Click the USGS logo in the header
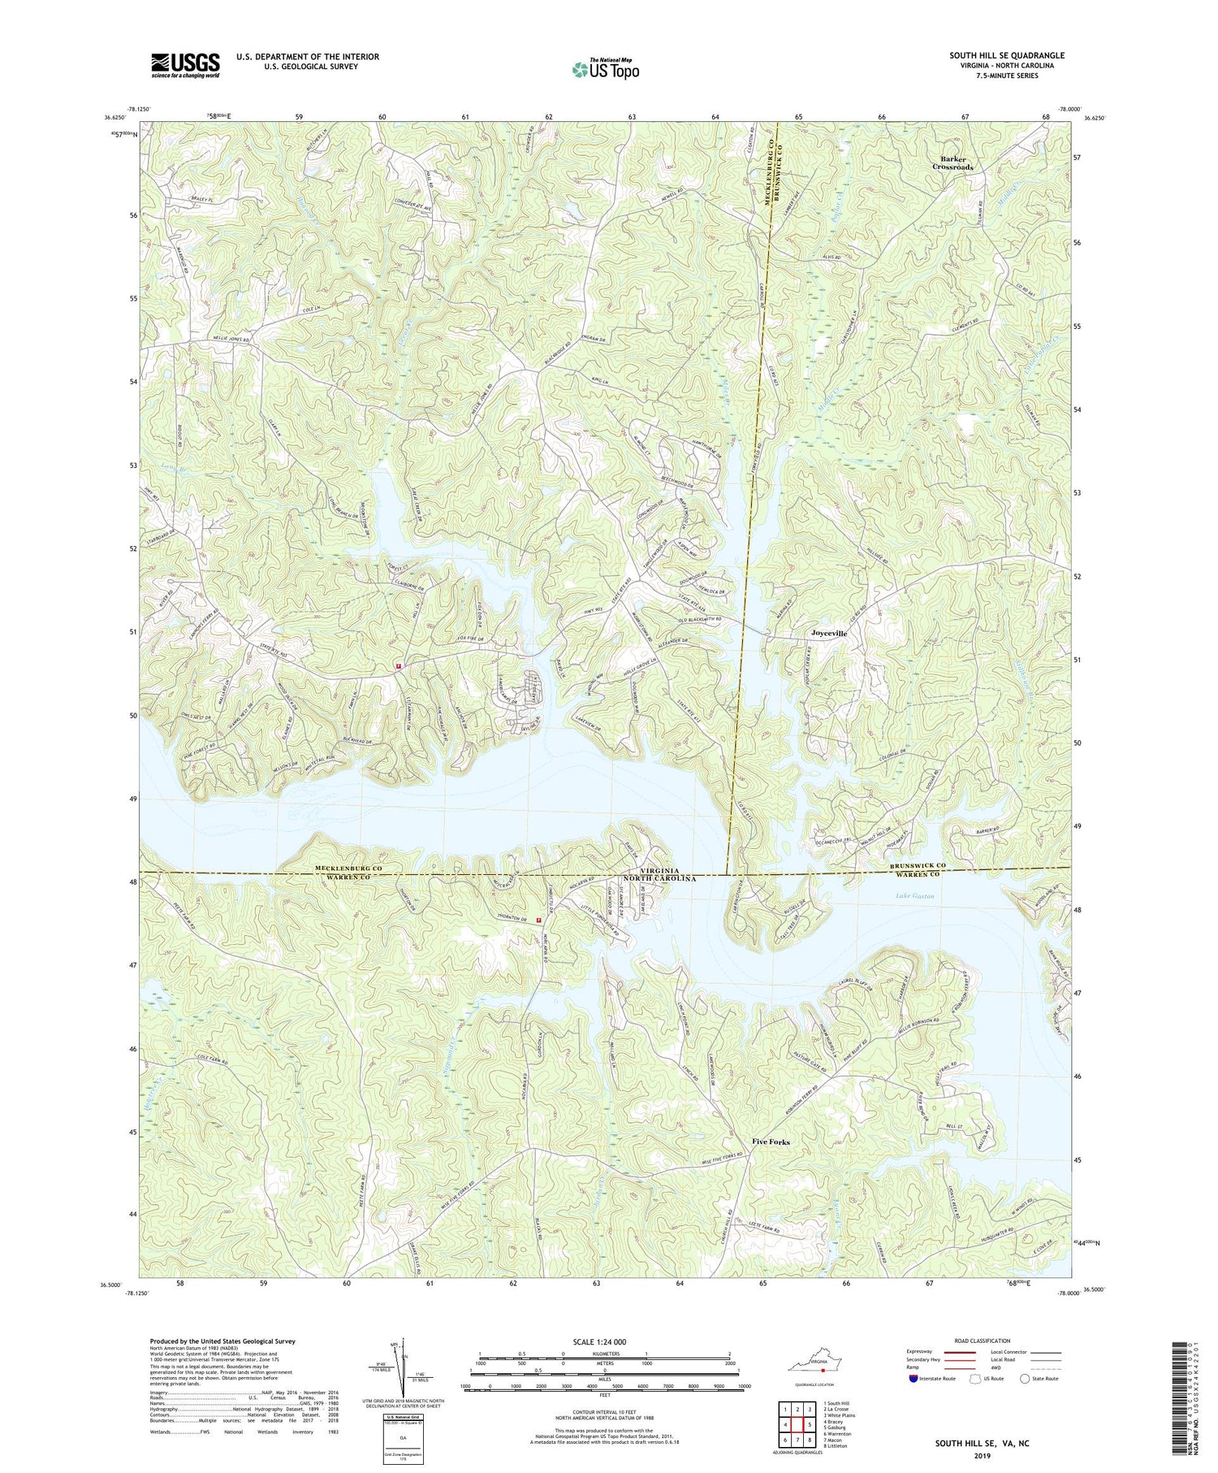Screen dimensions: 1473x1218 [x=185, y=65]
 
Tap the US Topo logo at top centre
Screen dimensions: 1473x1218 [x=605, y=70]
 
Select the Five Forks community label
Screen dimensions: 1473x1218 [x=771, y=1142]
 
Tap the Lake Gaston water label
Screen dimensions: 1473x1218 [x=915, y=895]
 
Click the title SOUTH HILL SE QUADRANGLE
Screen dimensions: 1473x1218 [x=1007, y=55]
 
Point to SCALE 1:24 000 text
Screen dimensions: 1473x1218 [x=604, y=1341]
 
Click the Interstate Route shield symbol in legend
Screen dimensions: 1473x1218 [x=914, y=1379]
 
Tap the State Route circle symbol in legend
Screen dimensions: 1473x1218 [x=1026, y=1379]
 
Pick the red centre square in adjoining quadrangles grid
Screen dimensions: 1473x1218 [x=797, y=1424]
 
